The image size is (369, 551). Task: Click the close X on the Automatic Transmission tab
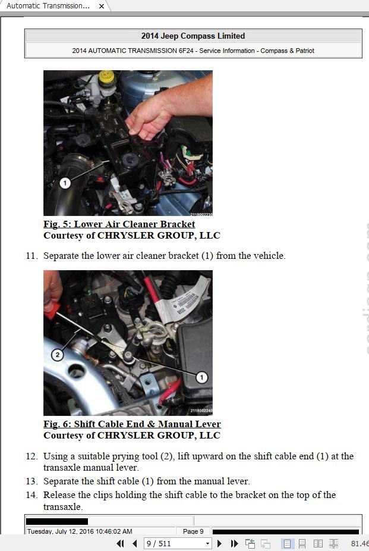point(102,6)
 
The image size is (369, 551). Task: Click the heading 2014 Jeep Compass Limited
point(193,36)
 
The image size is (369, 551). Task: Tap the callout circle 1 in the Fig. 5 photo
point(65,183)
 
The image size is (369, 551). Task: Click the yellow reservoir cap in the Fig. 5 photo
point(106,77)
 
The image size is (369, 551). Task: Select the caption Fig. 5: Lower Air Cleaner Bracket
point(119,224)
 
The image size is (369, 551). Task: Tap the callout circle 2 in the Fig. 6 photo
point(57,355)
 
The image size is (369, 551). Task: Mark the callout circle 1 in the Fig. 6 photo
point(202,377)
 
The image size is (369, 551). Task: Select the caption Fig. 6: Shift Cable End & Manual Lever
point(132,424)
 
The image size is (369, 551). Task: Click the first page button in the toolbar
point(120,543)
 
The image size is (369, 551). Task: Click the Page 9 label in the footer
point(193,531)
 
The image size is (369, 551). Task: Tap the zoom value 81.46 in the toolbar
point(359,543)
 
